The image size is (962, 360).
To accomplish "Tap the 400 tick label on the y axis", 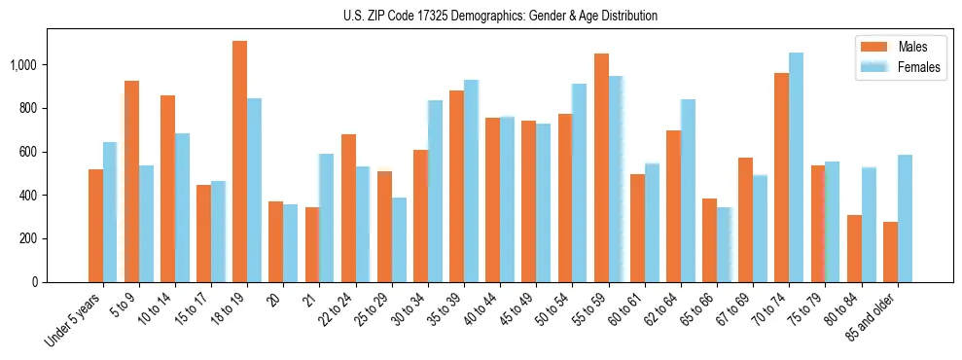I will tap(29, 196).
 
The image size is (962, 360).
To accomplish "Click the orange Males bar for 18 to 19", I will tap(239, 162).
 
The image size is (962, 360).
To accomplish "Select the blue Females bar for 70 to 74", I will tap(796, 167).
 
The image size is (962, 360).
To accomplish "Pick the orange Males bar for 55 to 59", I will tap(601, 167).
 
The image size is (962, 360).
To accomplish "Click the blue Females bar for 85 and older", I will tap(905, 218).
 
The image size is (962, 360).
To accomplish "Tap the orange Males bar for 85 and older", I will tap(890, 252).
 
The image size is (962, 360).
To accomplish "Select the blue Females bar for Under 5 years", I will tap(110, 212).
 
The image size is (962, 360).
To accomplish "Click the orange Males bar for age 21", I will tap(312, 244).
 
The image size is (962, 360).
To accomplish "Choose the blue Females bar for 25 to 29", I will tap(399, 239).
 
